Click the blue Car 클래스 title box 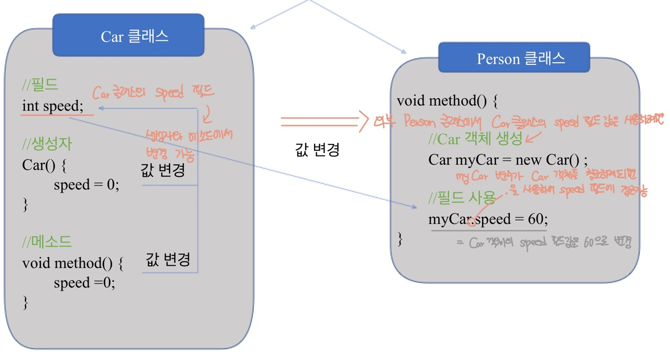[128, 36]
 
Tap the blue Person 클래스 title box [514, 58]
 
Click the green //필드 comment [40, 85]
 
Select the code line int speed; [52, 106]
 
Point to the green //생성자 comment [47, 144]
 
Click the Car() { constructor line [44, 165]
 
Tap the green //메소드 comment [47, 242]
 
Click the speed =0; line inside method [84, 283]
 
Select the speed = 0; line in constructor [86, 185]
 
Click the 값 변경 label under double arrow [318, 150]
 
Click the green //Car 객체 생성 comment [475, 139]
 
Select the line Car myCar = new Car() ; [508, 160]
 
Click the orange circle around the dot [472, 222]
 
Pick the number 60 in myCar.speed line [535, 219]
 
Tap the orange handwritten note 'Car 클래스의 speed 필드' [153, 93]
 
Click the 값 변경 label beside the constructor [163, 171]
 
